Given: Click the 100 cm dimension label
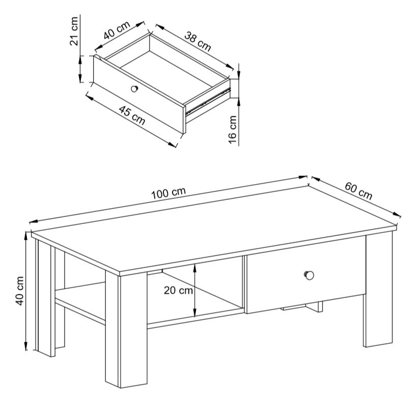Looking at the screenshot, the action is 169,193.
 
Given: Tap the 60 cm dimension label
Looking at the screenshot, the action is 358,191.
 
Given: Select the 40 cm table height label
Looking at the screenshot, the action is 20,291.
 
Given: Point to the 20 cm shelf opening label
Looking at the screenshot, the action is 178,290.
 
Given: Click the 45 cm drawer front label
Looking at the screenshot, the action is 132,115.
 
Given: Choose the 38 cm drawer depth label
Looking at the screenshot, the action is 198,41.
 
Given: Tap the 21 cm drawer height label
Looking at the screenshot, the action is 74,31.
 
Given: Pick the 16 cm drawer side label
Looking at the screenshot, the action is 233,130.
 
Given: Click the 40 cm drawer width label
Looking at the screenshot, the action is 117,30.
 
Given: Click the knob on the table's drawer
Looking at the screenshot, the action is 309,275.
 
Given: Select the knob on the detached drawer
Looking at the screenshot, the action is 134,88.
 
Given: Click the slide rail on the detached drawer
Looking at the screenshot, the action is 208,100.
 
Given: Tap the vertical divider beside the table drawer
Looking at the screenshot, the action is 244,283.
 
